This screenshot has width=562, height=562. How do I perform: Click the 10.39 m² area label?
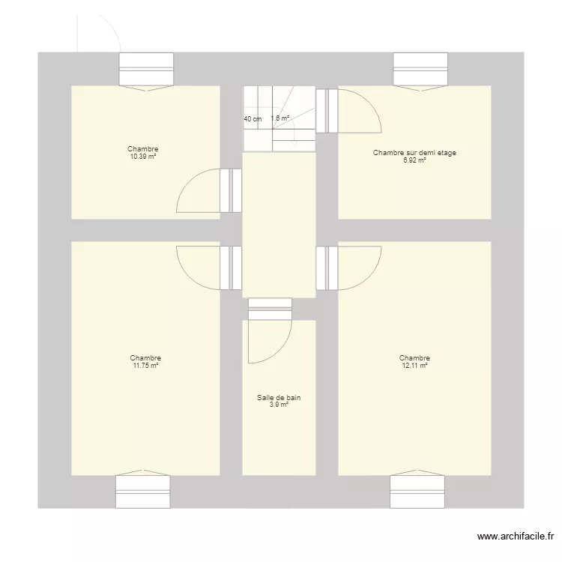[x=142, y=157]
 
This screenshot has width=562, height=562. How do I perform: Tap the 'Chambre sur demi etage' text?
[x=414, y=153]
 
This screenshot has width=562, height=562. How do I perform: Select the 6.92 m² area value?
[x=414, y=160]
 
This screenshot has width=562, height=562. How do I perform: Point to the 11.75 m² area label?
[x=145, y=366]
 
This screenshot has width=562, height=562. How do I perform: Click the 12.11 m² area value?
[x=414, y=366]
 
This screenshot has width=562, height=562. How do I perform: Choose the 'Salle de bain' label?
[x=279, y=398]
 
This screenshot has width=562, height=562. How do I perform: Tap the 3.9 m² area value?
[x=279, y=405]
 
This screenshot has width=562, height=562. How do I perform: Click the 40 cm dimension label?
[x=253, y=119]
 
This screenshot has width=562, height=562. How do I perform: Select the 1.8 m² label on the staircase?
[x=280, y=118]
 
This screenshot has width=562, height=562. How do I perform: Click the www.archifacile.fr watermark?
[x=516, y=537]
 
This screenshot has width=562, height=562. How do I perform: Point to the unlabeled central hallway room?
[x=279, y=225]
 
